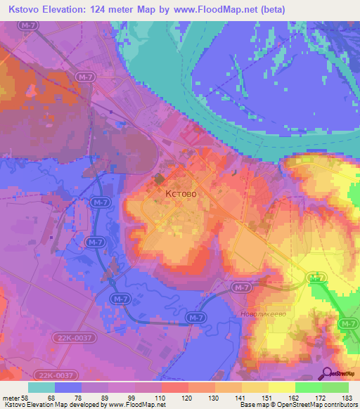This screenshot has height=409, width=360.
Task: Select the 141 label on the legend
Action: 241,396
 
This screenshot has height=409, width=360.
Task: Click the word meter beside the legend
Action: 11,396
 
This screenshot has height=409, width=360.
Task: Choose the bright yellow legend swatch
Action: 282,387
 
